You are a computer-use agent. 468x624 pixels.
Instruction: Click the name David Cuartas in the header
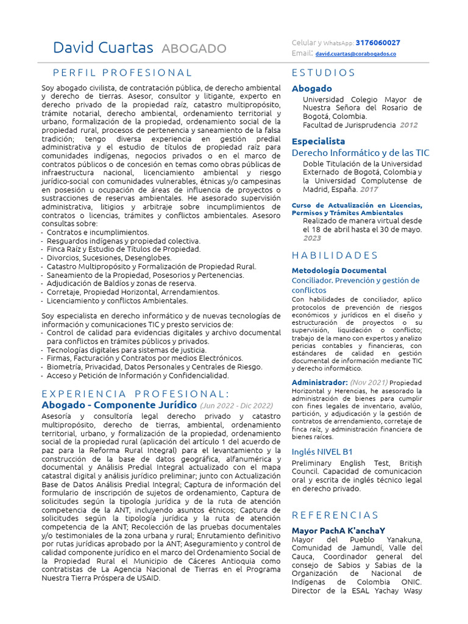(104, 48)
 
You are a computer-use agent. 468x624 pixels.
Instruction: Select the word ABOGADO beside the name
(194, 49)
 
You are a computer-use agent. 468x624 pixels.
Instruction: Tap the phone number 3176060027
(378, 43)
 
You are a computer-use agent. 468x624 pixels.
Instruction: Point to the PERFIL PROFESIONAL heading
(122, 73)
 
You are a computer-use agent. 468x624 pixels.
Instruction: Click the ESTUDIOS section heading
(324, 73)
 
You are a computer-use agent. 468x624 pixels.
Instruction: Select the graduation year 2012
(408, 125)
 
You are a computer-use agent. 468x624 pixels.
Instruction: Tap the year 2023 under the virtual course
(312, 238)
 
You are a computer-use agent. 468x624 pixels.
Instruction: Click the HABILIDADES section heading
(335, 255)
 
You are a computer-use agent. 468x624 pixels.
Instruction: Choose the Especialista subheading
(318, 141)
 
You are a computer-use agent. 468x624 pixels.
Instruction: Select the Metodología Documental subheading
(339, 270)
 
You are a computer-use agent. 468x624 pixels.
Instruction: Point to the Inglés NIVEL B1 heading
(322, 452)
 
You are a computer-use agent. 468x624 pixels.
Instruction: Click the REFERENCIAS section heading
(335, 515)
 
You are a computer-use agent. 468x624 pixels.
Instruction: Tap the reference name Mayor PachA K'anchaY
(338, 531)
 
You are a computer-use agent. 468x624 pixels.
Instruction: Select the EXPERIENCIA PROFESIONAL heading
(135, 393)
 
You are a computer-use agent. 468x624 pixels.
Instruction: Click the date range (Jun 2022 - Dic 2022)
(236, 405)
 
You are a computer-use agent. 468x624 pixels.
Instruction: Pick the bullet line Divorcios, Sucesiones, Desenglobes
(109, 258)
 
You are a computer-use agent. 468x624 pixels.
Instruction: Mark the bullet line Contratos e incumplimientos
(97, 232)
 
